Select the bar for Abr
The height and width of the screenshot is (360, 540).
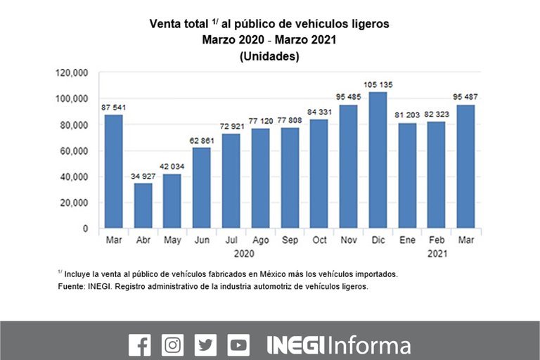click(x=143, y=205)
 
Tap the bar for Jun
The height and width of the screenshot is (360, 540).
click(x=202, y=188)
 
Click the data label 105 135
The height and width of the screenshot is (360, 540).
click(x=378, y=85)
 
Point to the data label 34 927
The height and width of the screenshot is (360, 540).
click(x=143, y=176)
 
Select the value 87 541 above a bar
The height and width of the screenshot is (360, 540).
click(x=113, y=107)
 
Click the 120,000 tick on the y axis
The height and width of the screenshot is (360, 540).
click(x=72, y=72)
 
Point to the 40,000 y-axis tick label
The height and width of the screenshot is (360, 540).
click(x=74, y=176)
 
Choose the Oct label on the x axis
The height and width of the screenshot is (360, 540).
click(x=319, y=240)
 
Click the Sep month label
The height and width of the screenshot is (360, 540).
click(x=290, y=240)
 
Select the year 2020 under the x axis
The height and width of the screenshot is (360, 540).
click(x=244, y=252)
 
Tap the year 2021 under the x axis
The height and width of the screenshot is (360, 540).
click(x=436, y=252)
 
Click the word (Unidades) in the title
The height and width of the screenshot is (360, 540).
click(x=269, y=57)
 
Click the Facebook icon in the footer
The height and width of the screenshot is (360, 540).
click(x=140, y=345)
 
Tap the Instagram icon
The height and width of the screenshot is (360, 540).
click(x=172, y=345)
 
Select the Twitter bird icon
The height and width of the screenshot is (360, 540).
click(x=205, y=345)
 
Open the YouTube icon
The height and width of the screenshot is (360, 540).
click(x=238, y=345)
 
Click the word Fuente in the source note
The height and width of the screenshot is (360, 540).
click(x=70, y=287)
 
